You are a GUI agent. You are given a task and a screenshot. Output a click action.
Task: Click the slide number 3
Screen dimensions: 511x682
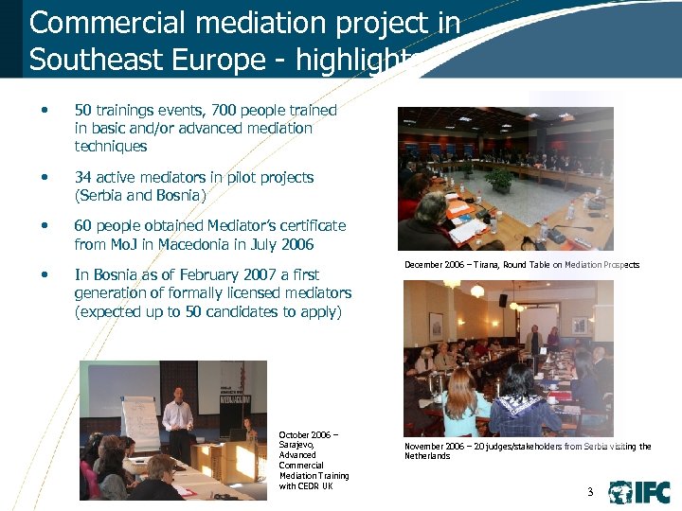point(590,492)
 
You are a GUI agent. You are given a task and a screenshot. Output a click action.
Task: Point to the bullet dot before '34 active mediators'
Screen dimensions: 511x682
point(43,178)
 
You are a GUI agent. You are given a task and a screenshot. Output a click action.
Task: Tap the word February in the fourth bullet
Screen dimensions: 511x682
point(206,274)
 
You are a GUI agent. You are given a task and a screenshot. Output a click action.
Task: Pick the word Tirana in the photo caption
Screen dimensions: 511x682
point(496,265)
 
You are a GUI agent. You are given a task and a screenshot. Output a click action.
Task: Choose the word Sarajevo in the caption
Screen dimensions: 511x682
point(297,445)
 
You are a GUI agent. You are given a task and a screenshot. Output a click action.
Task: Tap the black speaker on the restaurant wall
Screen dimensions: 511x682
point(503,300)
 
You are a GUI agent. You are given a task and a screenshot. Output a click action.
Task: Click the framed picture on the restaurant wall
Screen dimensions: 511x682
point(436,326)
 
